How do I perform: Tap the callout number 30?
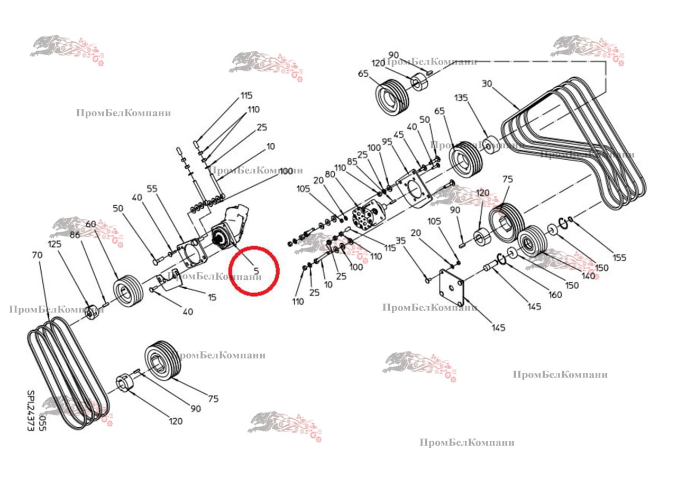click(487, 84)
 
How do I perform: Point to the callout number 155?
click(619, 258)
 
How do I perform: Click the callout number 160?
click(555, 295)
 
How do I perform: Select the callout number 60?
click(90, 224)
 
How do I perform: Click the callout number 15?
click(212, 298)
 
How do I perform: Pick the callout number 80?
click(330, 174)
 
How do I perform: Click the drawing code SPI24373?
click(31, 411)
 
